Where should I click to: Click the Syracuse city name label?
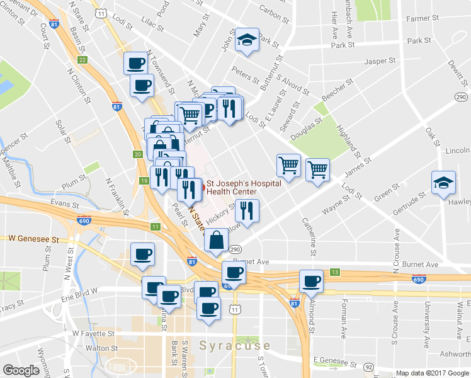pyautogui.click(x=235, y=346)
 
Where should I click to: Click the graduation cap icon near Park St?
pyautogui.click(x=247, y=41)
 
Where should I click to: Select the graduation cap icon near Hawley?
pyautogui.click(x=443, y=183)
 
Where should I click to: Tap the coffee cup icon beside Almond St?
pyautogui.click(x=311, y=281)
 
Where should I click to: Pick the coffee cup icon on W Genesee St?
pyautogui.click(x=142, y=254)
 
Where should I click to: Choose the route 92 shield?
pyautogui.click(x=369, y=366)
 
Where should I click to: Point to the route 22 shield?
pyautogui.click(x=82, y=60)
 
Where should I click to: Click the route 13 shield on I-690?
pyautogui.click(x=335, y=272)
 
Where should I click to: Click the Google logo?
pyautogui.click(x=21, y=370)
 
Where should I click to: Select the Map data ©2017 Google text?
pyautogui.click(x=432, y=373)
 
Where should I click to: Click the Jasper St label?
pyautogui.click(x=380, y=62)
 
